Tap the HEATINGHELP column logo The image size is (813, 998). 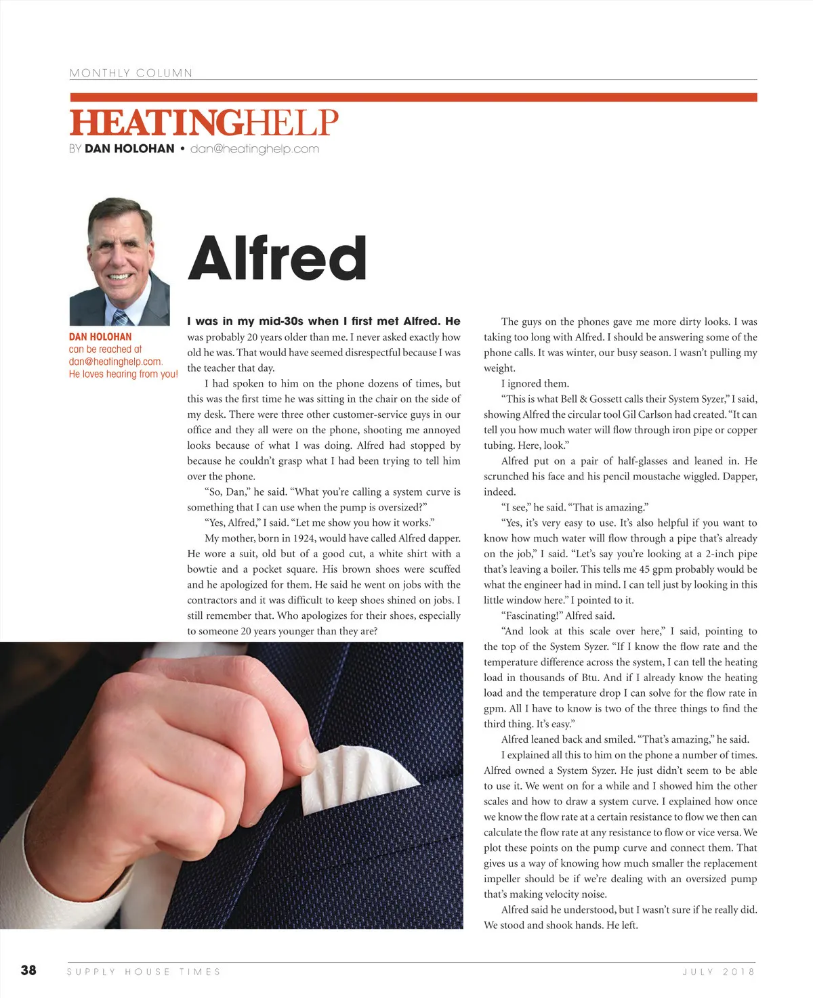pyautogui.click(x=203, y=123)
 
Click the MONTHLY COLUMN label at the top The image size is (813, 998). pyautogui.click(x=131, y=73)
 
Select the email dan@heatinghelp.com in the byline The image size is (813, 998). pyautogui.click(x=255, y=149)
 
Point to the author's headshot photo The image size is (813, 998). pyautogui.click(x=119, y=261)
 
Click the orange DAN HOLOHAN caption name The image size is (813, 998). pyautogui.click(x=100, y=337)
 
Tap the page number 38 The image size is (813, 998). pyautogui.click(x=28, y=970)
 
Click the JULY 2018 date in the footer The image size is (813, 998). pyautogui.click(x=718, y=972)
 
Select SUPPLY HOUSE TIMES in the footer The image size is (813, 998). pyautogui.click(x=144, y=972)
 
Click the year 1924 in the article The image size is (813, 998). pyautogui.click(x=304, y=538)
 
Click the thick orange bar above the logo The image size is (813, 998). pyautogui.click(x=413, y=97)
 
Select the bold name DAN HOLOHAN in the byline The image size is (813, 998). pyautogui.click(x=129, y=149)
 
